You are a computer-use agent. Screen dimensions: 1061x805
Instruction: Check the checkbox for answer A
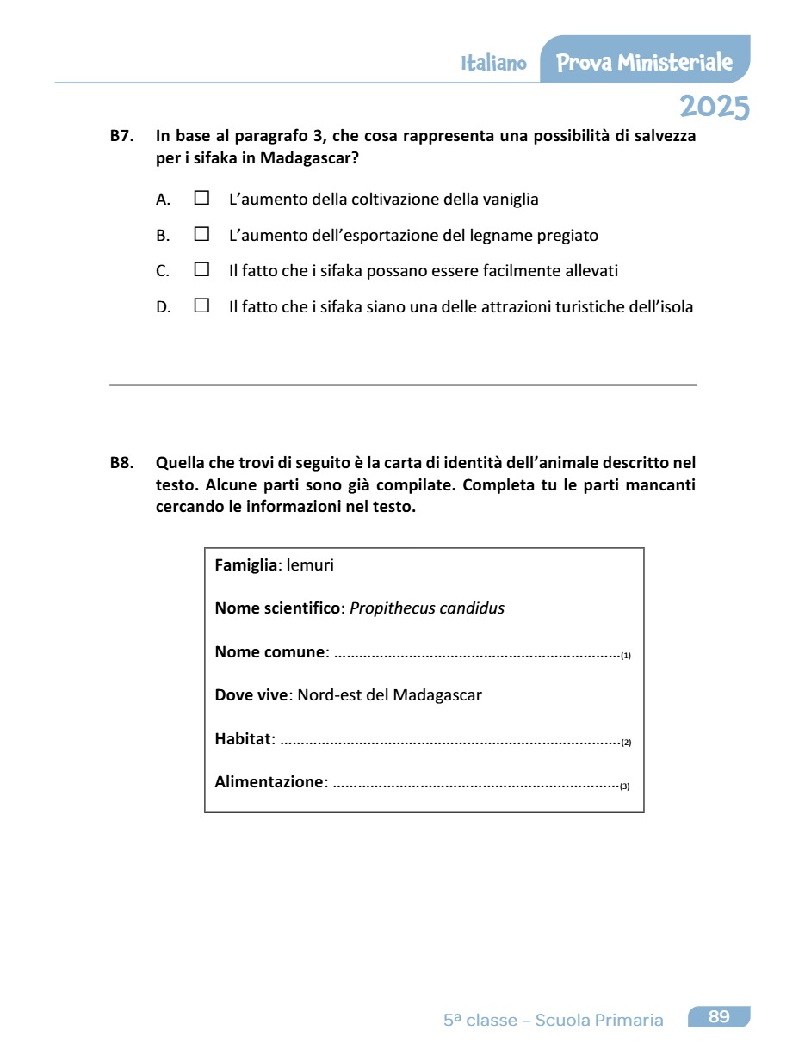point(201,198)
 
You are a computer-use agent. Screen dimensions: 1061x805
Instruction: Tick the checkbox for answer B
point(201,233)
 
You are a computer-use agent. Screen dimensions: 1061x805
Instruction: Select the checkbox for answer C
point(201,269)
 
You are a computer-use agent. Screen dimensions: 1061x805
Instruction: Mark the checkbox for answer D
point(201,305)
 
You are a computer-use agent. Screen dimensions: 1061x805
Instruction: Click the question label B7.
point(121,136)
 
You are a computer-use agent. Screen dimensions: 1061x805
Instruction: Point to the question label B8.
point(121,463)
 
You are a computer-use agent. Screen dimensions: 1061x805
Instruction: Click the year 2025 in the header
point(714,108)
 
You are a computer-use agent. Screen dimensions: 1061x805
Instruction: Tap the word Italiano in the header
point(493,64)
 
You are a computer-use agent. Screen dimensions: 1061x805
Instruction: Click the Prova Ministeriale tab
point(644,62)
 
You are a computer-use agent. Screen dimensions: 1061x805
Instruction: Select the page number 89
point(719,1017)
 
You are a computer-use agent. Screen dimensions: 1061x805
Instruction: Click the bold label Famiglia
point(245,566)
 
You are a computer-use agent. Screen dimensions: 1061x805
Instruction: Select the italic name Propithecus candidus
point(427,608)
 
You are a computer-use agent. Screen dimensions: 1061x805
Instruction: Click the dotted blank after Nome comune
point(476,654)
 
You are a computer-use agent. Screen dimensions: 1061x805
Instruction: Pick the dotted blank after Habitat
point(450,740)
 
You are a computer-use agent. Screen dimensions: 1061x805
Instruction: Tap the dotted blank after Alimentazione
point(475,784)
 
